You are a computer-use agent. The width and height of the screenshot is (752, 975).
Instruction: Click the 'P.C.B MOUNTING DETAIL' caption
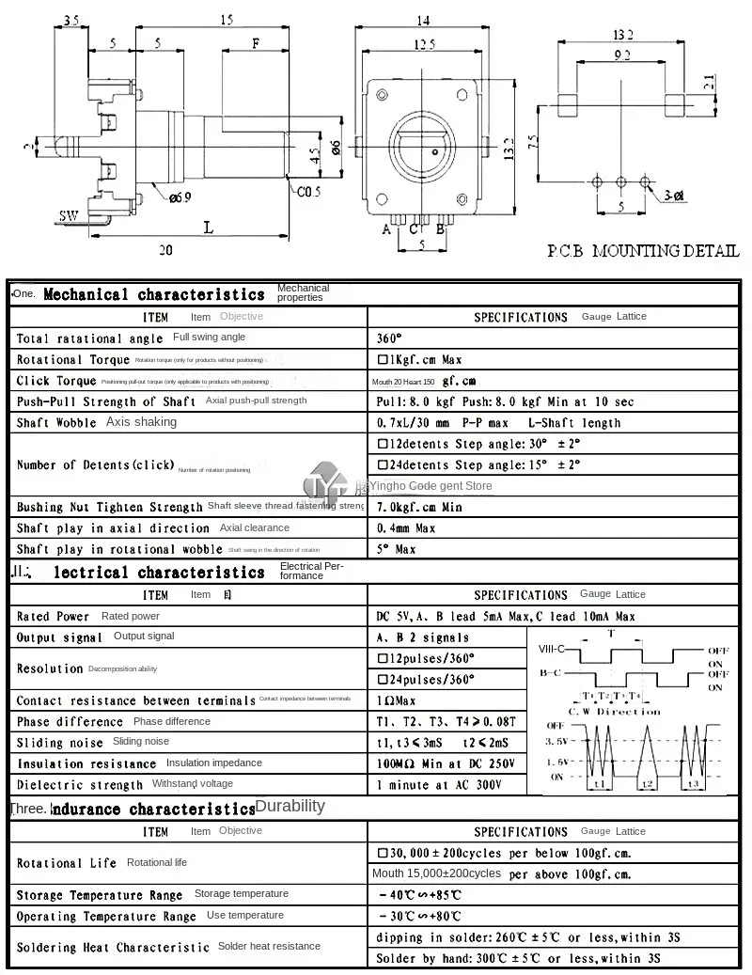(x=643, y=251)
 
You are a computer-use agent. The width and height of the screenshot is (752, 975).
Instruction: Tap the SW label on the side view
(x=69, y=215)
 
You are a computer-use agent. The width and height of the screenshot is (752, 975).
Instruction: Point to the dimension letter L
(x=209, y=228)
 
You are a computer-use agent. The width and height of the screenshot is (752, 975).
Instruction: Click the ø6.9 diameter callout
(x=181, y=197)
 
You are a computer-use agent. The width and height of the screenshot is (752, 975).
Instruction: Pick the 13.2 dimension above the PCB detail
(x=623, y=35)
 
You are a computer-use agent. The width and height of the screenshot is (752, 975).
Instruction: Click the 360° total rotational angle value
(x=389, y=338)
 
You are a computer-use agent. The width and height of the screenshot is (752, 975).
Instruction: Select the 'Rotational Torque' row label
(x=71, y=359)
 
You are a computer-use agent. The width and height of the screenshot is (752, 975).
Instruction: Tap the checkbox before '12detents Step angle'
(x=383, y=443)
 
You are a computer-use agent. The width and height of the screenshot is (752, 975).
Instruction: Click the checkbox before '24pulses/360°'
(x=383, y=679)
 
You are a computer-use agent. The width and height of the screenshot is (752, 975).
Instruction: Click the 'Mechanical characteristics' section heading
(x=154, y=295)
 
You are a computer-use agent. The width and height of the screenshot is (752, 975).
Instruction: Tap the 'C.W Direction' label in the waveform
(x=616, y=712)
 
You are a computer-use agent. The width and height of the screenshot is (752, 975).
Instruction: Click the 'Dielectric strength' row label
(x=80, y=784)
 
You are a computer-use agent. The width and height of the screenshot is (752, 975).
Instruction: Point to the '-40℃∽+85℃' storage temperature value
(x=419, y=895)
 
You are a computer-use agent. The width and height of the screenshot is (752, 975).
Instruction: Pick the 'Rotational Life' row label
(x=67, y=862)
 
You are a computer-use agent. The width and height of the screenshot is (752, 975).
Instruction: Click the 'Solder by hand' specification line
(x=518, y=958)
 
